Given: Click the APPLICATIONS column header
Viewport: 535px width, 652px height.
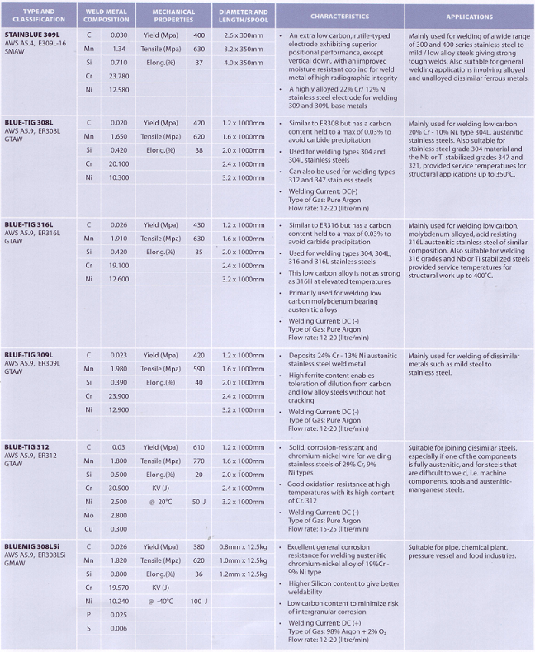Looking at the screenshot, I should (x=469, y=17).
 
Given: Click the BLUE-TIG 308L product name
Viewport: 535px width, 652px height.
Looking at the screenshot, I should (x=31, y=123).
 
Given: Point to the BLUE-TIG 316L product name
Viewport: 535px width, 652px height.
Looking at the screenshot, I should (x=31, y=224).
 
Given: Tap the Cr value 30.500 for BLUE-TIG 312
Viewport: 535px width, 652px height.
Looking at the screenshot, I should (x=118, y=489).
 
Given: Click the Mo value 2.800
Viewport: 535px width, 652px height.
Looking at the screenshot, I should (x=118, y=514).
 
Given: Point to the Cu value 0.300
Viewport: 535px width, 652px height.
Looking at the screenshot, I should (x=118, y=528).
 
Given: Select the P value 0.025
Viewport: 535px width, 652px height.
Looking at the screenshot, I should (x=118, y=615).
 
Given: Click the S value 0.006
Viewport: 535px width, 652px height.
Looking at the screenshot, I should (x=118, y=629).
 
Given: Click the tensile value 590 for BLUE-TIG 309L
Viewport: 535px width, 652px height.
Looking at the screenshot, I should (x=198, y=369).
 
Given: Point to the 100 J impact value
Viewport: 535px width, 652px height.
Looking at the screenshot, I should (x=198, y=601).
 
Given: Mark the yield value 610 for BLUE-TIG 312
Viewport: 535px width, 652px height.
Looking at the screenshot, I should (x=198, y=446).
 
